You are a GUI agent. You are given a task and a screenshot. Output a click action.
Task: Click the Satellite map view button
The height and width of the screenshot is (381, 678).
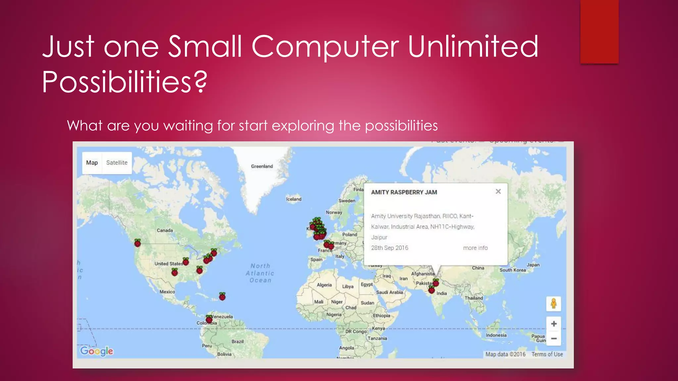click(117, 163)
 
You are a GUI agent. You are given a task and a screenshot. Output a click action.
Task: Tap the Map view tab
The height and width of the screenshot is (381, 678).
click(92, 163)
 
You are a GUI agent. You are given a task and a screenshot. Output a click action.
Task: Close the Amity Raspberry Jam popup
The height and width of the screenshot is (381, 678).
click(498, 191)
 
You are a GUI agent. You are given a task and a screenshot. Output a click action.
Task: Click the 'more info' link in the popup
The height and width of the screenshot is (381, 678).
click(475, 248)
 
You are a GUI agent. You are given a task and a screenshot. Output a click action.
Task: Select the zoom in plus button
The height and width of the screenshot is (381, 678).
click(554, 324)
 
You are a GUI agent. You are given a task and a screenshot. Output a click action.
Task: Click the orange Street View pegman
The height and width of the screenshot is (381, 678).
click(554, 304)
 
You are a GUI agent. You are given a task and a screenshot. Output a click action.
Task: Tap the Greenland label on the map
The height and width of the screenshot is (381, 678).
click(262, 166)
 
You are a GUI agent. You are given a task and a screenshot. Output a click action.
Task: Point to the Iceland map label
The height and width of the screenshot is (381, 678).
click(294, 199)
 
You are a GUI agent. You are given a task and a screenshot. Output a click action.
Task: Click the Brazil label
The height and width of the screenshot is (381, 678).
click(237, 341)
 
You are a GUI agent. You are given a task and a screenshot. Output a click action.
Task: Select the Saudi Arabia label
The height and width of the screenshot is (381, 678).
click(389, 292)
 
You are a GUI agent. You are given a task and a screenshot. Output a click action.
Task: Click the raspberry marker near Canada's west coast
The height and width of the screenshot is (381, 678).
click(137, 243)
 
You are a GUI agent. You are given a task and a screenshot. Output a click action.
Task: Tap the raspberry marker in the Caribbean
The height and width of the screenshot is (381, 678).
click(222, 296)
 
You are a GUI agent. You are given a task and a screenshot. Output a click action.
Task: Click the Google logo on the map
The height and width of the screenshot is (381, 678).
click(97, 351)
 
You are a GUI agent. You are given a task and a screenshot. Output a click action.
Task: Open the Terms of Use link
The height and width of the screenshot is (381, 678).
click(547, 354)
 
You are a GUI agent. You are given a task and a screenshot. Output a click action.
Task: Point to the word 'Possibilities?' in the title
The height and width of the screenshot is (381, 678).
click(124, 82)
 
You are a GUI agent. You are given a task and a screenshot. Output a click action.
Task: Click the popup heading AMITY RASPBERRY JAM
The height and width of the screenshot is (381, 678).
click(404, 192)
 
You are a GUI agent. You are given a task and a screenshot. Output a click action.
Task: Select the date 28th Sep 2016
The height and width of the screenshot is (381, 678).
click(389, 248)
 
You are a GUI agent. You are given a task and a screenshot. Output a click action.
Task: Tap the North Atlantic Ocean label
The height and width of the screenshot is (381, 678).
click(260, 273)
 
